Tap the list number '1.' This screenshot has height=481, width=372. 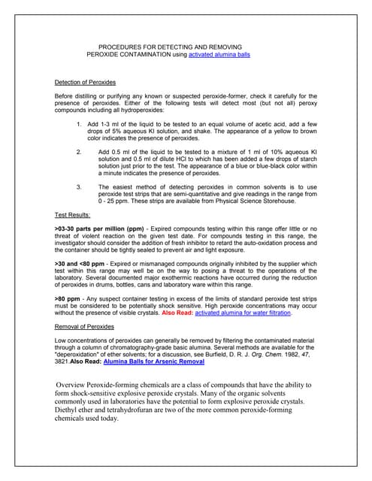pos(80,123)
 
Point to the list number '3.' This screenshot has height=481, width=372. pos(80,186)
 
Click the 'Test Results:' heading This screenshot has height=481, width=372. pos(76,214)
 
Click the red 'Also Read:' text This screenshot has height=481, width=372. pos(177,313)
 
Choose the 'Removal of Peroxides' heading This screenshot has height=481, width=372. pos(84,328)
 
